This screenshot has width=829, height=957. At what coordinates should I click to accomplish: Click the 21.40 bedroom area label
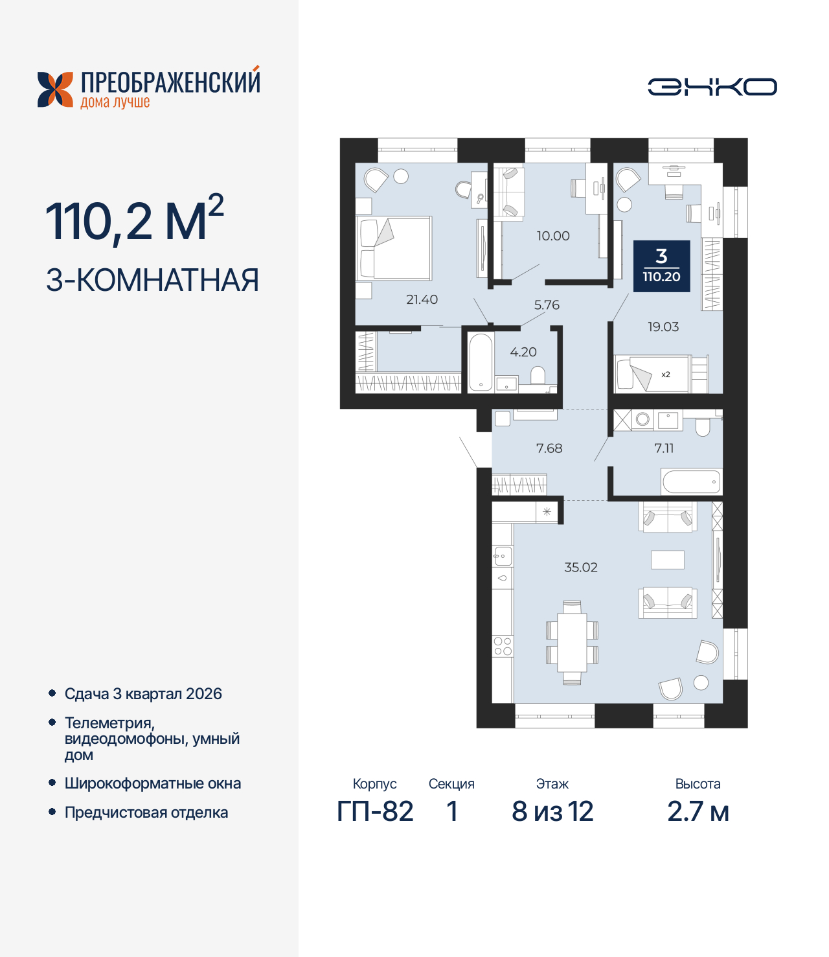(x=422, y=299)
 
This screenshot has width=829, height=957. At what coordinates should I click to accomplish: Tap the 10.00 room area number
(x=553, y=236)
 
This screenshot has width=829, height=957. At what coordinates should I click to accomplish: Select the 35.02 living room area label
(x=581, y=567)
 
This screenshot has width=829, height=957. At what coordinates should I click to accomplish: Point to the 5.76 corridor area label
(x=547, y=305)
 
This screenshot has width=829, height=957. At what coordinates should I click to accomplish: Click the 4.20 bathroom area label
(x=523, y=352)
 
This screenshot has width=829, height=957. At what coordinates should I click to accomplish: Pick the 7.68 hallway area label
(x=549, y=448)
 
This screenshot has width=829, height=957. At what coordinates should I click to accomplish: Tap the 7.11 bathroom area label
(x=664, y=448)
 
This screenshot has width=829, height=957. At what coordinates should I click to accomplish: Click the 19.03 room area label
(x=663, y=327)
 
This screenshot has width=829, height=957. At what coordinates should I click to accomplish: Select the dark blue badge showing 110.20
(x=661, y=266)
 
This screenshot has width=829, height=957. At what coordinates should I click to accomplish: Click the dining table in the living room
(x=572, y=642)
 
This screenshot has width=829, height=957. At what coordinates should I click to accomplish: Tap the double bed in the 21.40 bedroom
(x=394, y=248)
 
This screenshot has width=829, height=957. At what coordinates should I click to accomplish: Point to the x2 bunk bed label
(x=666, y=375)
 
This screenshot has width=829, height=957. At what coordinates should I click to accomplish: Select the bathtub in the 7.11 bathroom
(x=691, y=482)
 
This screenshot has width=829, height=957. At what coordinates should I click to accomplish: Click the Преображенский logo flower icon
(x=55, y=89)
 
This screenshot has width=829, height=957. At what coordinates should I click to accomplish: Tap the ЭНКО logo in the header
(x=712, y=87)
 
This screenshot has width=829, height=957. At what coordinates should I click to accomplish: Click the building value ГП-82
(x=375, y=811)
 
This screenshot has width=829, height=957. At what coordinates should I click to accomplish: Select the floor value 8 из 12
(x=552, y=811)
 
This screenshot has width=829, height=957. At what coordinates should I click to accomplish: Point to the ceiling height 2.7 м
(x=698, y=811)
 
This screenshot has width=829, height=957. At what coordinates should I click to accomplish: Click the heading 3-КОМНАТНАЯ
(x=153, y=280)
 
